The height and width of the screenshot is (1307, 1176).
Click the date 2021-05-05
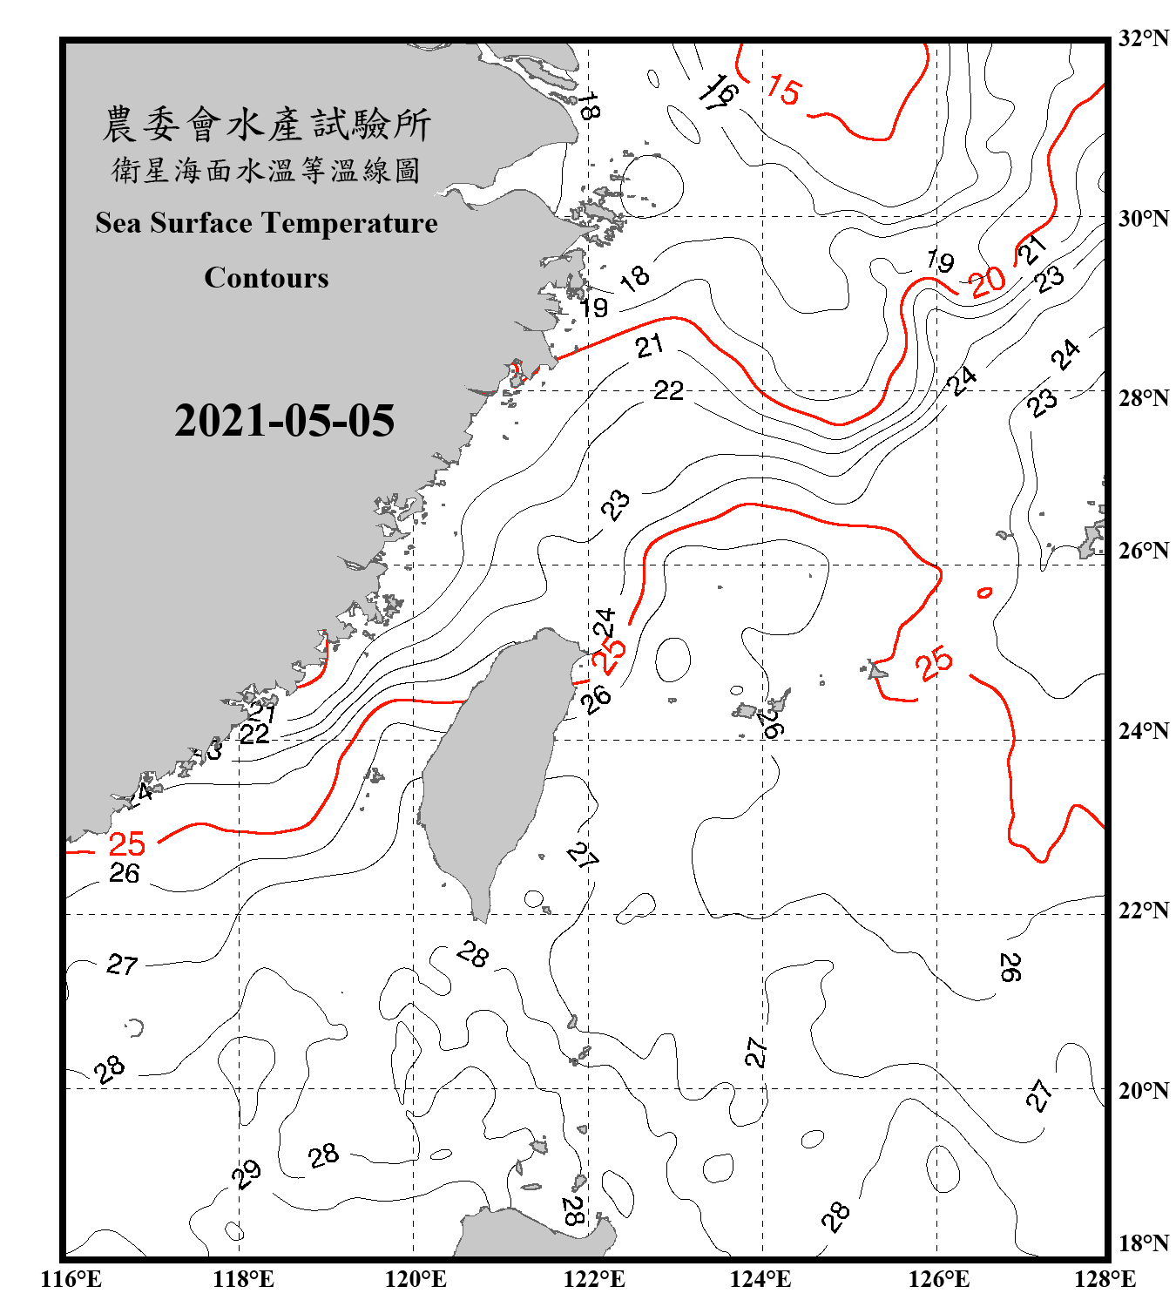tap(284, 421)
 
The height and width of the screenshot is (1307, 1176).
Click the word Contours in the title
tap(267, 278)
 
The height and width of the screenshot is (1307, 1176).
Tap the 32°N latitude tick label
tap(1143, 38)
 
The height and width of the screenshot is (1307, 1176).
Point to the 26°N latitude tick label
tap(1143, 551)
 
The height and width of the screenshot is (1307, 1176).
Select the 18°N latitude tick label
tap(1143, 1243)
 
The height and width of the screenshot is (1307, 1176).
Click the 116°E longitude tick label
tap(71, 1279)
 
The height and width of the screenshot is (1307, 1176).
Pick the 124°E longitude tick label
tap(760, 1279)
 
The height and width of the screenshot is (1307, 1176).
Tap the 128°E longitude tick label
tap(1105, 1279)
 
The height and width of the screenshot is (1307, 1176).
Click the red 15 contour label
tap(783, 91)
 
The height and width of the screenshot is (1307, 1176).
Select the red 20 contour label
tap(988, 281)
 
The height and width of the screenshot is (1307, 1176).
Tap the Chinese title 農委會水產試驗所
tap(267, 125)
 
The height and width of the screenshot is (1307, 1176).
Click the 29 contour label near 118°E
tap(247, 1174)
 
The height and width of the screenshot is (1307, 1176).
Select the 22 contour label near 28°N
tap(668, 390)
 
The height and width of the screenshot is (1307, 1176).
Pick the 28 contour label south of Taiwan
tap(473, 956)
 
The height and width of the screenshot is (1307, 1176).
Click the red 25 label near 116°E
tap(126, 843)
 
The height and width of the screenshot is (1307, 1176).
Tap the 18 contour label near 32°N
tap(589, 106)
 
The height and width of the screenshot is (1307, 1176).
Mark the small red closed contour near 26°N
tap(984, 593)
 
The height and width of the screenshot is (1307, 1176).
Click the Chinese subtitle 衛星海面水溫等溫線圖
tap(267, 170)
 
